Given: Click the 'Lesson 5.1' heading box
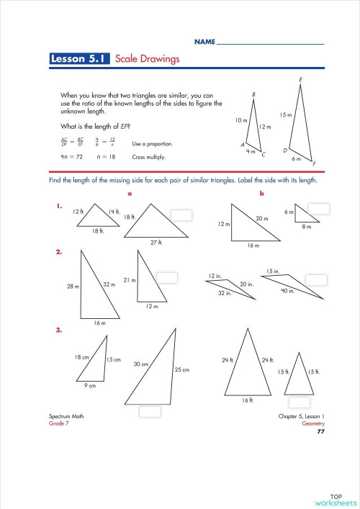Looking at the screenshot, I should click(x=79, y=60).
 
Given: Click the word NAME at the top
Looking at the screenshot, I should click(x=204, y=43).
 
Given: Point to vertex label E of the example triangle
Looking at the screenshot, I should click(x=300, y=78).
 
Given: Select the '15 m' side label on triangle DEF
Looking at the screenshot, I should click(x=285, y=114).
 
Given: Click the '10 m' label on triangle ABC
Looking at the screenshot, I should click(x=241, y=120).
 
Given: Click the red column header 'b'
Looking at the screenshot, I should click(x=261, y=193).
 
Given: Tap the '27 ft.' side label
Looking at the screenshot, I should click(x=157, y=243).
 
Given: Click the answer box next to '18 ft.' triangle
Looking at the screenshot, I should click(x=182, y=214).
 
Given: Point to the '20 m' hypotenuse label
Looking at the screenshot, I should click(x=261, y=218).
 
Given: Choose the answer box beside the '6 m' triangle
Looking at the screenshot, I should click(x=320, y=209).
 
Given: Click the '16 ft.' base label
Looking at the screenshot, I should click(x=248, y=400).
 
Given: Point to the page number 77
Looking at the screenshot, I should click(x=321, y=431).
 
